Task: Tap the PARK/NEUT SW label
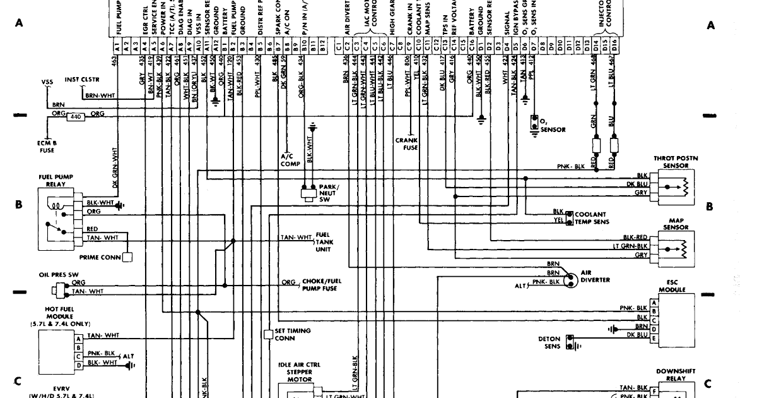329,193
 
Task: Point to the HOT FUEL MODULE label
59,316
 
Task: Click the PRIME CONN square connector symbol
127,257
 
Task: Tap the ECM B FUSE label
45,147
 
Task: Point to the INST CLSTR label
79,81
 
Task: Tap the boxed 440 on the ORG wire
75,116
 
